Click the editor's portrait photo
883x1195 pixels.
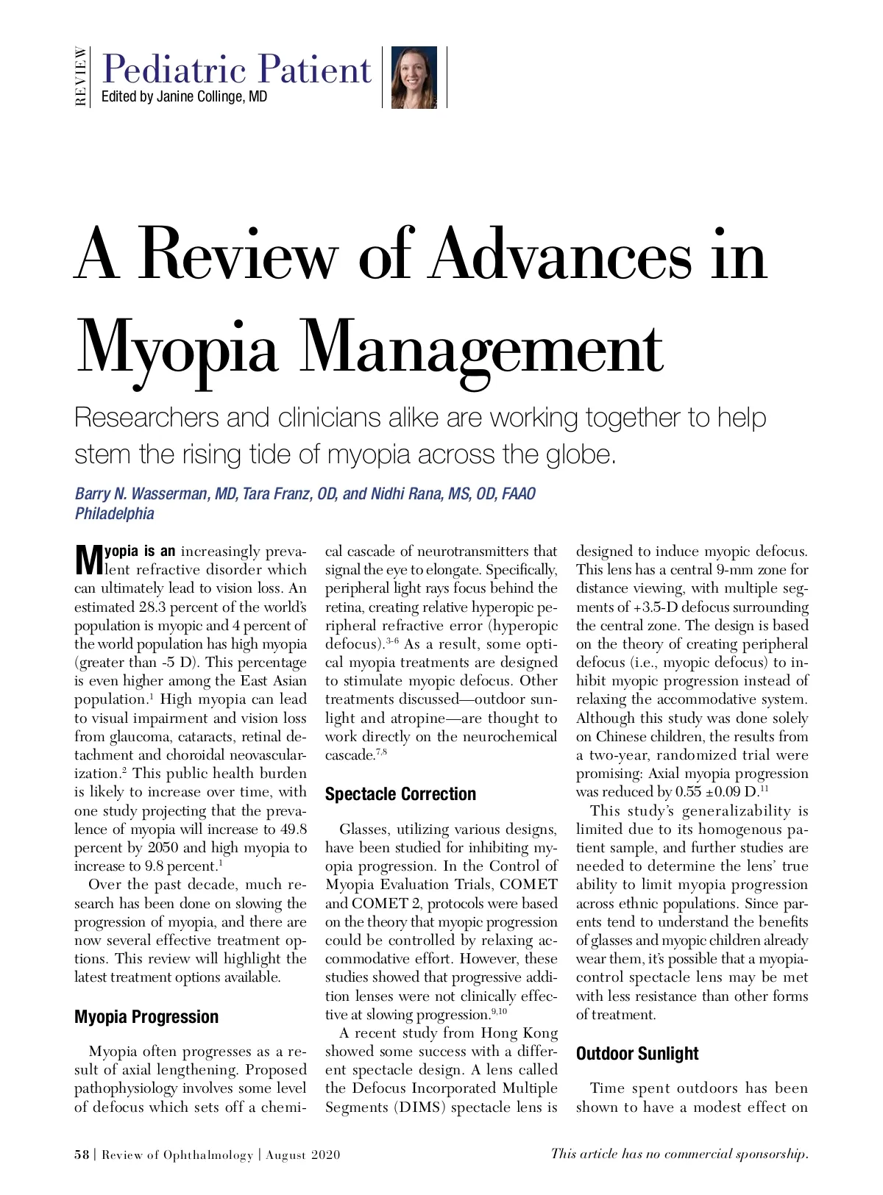[x=414, y=77]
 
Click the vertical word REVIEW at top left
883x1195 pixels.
[x=81, y=76]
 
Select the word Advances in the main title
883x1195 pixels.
[x=561, y=255]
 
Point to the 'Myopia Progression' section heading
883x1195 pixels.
[x=146, y=1017]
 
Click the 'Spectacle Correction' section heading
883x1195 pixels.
[x=400, y=794]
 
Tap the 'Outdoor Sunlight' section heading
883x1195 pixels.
[x=636, y=1054]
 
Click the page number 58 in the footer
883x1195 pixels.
[x=81, y=1155]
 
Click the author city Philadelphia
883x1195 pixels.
[x=115, y=513]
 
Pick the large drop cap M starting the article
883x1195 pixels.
[x=88, y=559]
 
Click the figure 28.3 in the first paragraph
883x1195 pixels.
[x=154, y=607]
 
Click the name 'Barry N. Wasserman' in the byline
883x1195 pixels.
[x=141, y=493]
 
